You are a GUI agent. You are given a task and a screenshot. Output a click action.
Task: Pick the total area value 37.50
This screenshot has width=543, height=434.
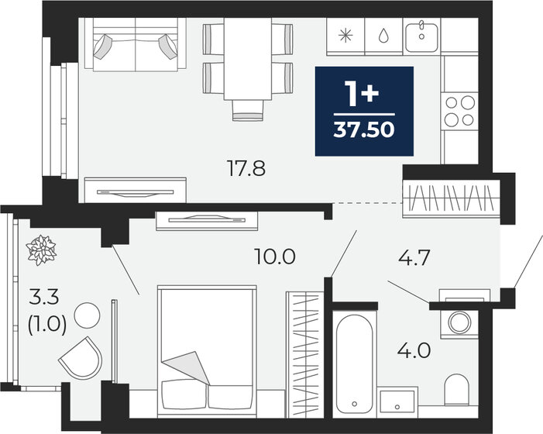click(364, 128)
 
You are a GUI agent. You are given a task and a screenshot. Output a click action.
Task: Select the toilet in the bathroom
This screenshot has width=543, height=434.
click(457, 391)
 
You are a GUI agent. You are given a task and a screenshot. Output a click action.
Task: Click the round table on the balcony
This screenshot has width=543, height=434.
click(86, 315)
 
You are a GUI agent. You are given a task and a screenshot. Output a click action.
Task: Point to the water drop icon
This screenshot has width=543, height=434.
click(383, 36)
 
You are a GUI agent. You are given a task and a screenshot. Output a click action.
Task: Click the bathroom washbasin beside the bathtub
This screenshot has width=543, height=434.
click(397, 401)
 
